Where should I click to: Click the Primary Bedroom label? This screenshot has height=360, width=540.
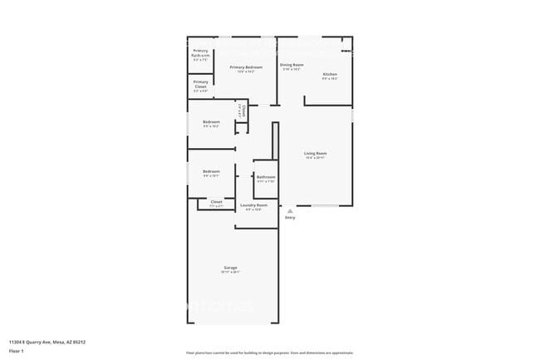[246, 67]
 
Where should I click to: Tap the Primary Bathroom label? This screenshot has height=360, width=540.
[201, 54]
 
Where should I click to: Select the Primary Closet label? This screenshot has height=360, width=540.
[201, 83]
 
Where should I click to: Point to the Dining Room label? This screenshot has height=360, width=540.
[292, 65]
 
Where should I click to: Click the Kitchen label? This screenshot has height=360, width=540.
[330, 75]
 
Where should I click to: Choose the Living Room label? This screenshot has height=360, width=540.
[315, 153]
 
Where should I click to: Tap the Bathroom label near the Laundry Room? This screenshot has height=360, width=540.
[266, 176]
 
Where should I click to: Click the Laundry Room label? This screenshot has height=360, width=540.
[253, 205]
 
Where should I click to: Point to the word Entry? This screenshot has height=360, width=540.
[290, 218]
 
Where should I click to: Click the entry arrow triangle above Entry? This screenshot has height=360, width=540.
[290, 211]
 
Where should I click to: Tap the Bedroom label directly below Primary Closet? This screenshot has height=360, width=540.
[211, 122]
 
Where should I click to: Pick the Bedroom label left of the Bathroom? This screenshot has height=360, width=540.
[211, 171]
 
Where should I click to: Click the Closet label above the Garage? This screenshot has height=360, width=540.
[216, 201]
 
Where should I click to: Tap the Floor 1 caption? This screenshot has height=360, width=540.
[17, 351]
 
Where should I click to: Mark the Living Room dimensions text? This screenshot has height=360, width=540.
[315, 158]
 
